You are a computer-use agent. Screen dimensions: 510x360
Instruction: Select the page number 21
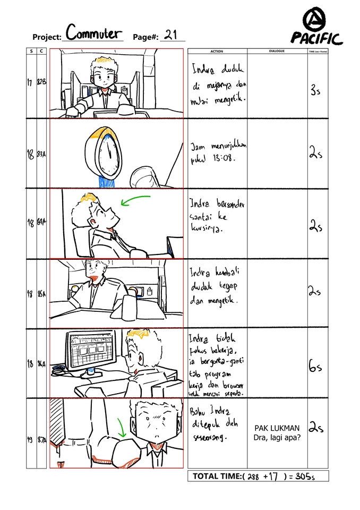170,35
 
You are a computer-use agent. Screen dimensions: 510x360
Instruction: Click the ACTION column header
217,52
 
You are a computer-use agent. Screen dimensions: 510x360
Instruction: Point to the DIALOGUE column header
277,52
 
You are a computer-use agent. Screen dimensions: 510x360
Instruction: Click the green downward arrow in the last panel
122,425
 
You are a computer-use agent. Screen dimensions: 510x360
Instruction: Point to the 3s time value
315,90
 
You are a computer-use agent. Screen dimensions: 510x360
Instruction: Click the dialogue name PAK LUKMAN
277,428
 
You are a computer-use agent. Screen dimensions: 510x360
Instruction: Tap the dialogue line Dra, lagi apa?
277,438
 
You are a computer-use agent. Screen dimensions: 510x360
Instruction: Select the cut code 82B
41,82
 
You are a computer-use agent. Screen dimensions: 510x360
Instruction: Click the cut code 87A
41,440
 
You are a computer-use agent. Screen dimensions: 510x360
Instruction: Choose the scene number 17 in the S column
31,82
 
